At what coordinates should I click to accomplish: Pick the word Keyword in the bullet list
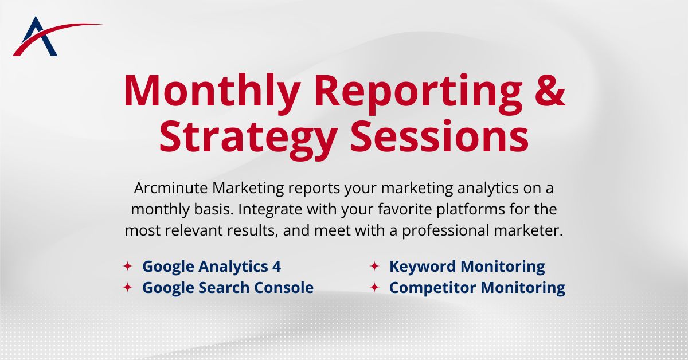[422, 267]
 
